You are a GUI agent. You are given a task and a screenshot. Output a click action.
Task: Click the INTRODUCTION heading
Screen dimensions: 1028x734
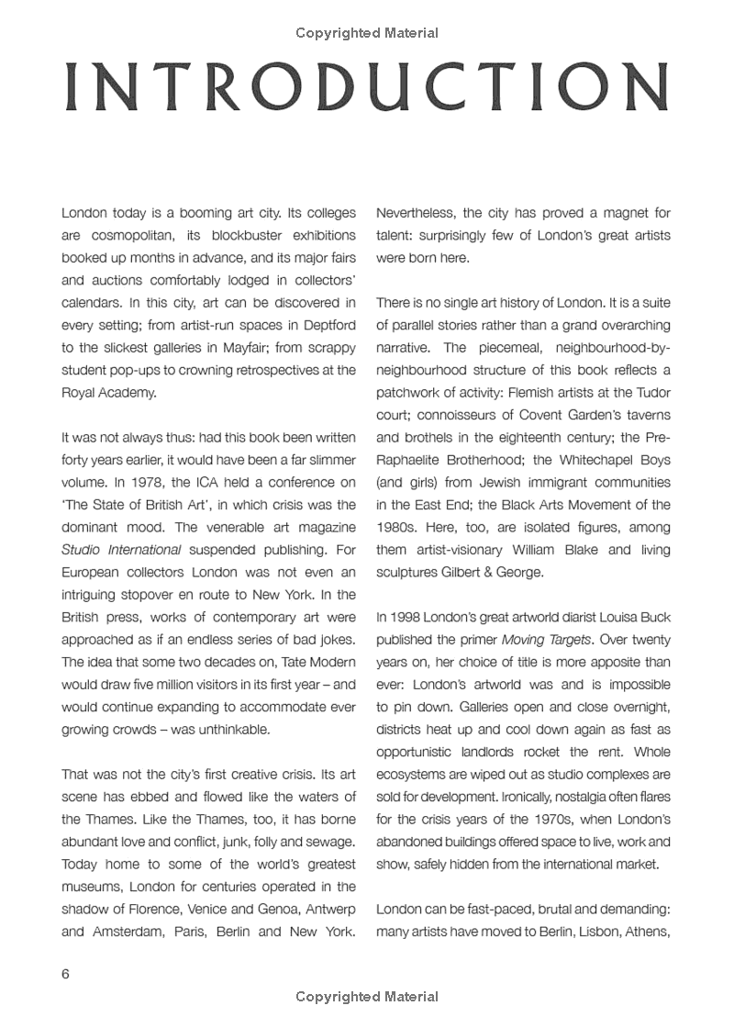(x=366, y=89)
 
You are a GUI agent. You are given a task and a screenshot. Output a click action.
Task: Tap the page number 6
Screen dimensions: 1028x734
(x=66, y=974)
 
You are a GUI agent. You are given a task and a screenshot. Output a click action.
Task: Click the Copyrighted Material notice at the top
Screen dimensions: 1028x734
(x=366, y=33)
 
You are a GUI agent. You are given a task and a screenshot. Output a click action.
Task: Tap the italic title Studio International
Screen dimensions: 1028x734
(x=121, y=550)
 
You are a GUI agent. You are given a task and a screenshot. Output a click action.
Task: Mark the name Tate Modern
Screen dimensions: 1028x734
(x=310, y=685)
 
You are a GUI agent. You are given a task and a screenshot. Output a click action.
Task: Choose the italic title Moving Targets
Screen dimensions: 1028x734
(x=541, y=640)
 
